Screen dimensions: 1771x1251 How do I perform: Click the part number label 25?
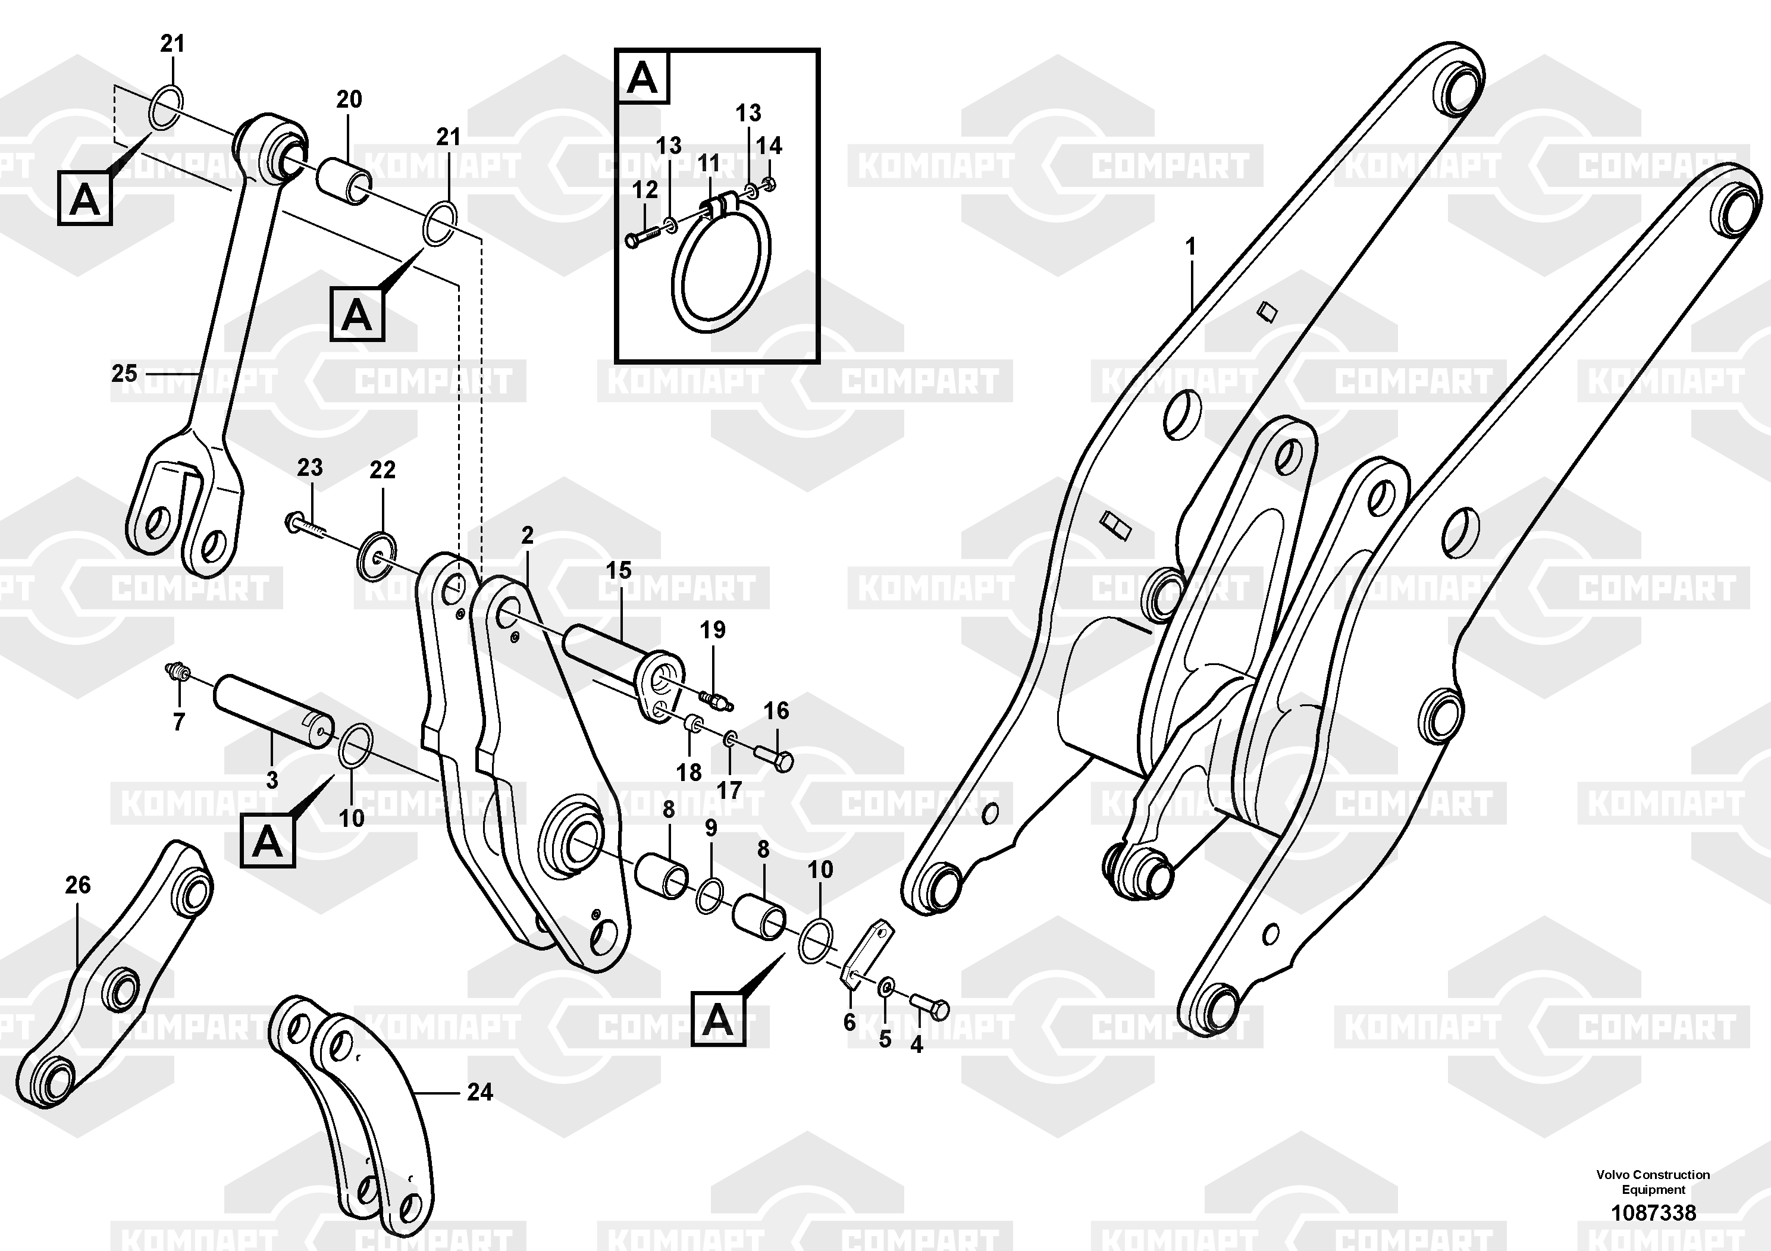[124, 374]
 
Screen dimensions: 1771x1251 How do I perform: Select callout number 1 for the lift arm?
[1190, 247]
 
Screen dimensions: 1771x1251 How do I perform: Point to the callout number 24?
[479, 1092]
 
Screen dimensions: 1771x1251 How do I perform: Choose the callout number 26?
[78, 885]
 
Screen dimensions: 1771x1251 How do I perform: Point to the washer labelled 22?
[377, 556]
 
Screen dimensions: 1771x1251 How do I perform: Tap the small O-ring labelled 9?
[710, 895]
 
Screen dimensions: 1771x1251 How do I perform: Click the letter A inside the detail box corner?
[642, 78]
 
